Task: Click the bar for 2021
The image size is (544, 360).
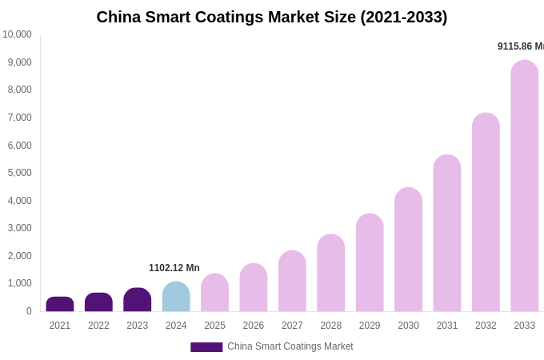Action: tap(60, 304)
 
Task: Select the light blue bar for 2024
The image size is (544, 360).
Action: tap(176, 297)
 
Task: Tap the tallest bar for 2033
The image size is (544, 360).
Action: tap(525, 186)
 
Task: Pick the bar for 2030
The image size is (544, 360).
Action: tap(408, 250)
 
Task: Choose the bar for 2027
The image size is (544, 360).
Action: tap(292, 281)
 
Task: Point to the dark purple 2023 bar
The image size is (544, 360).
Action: tap(138, 300)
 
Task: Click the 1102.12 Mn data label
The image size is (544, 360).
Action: tap(174, 268)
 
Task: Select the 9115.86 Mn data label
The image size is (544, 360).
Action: tap(521, 46)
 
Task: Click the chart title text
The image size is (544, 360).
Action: tap(272, 17)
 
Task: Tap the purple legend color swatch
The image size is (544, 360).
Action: tap(206, 347)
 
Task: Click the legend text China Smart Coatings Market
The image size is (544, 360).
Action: tap(290, 346)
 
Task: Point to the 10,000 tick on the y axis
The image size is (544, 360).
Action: tap(17, 34)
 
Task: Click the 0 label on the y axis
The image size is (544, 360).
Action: tap(29, 311)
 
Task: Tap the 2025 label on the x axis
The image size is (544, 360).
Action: tap(214, 326)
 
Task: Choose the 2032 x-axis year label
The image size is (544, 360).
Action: tap(486, 326)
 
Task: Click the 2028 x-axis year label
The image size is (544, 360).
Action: tap(330, 326)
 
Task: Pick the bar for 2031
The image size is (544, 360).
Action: tap(447, 233)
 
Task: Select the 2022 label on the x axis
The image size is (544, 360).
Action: tap(98, 326)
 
